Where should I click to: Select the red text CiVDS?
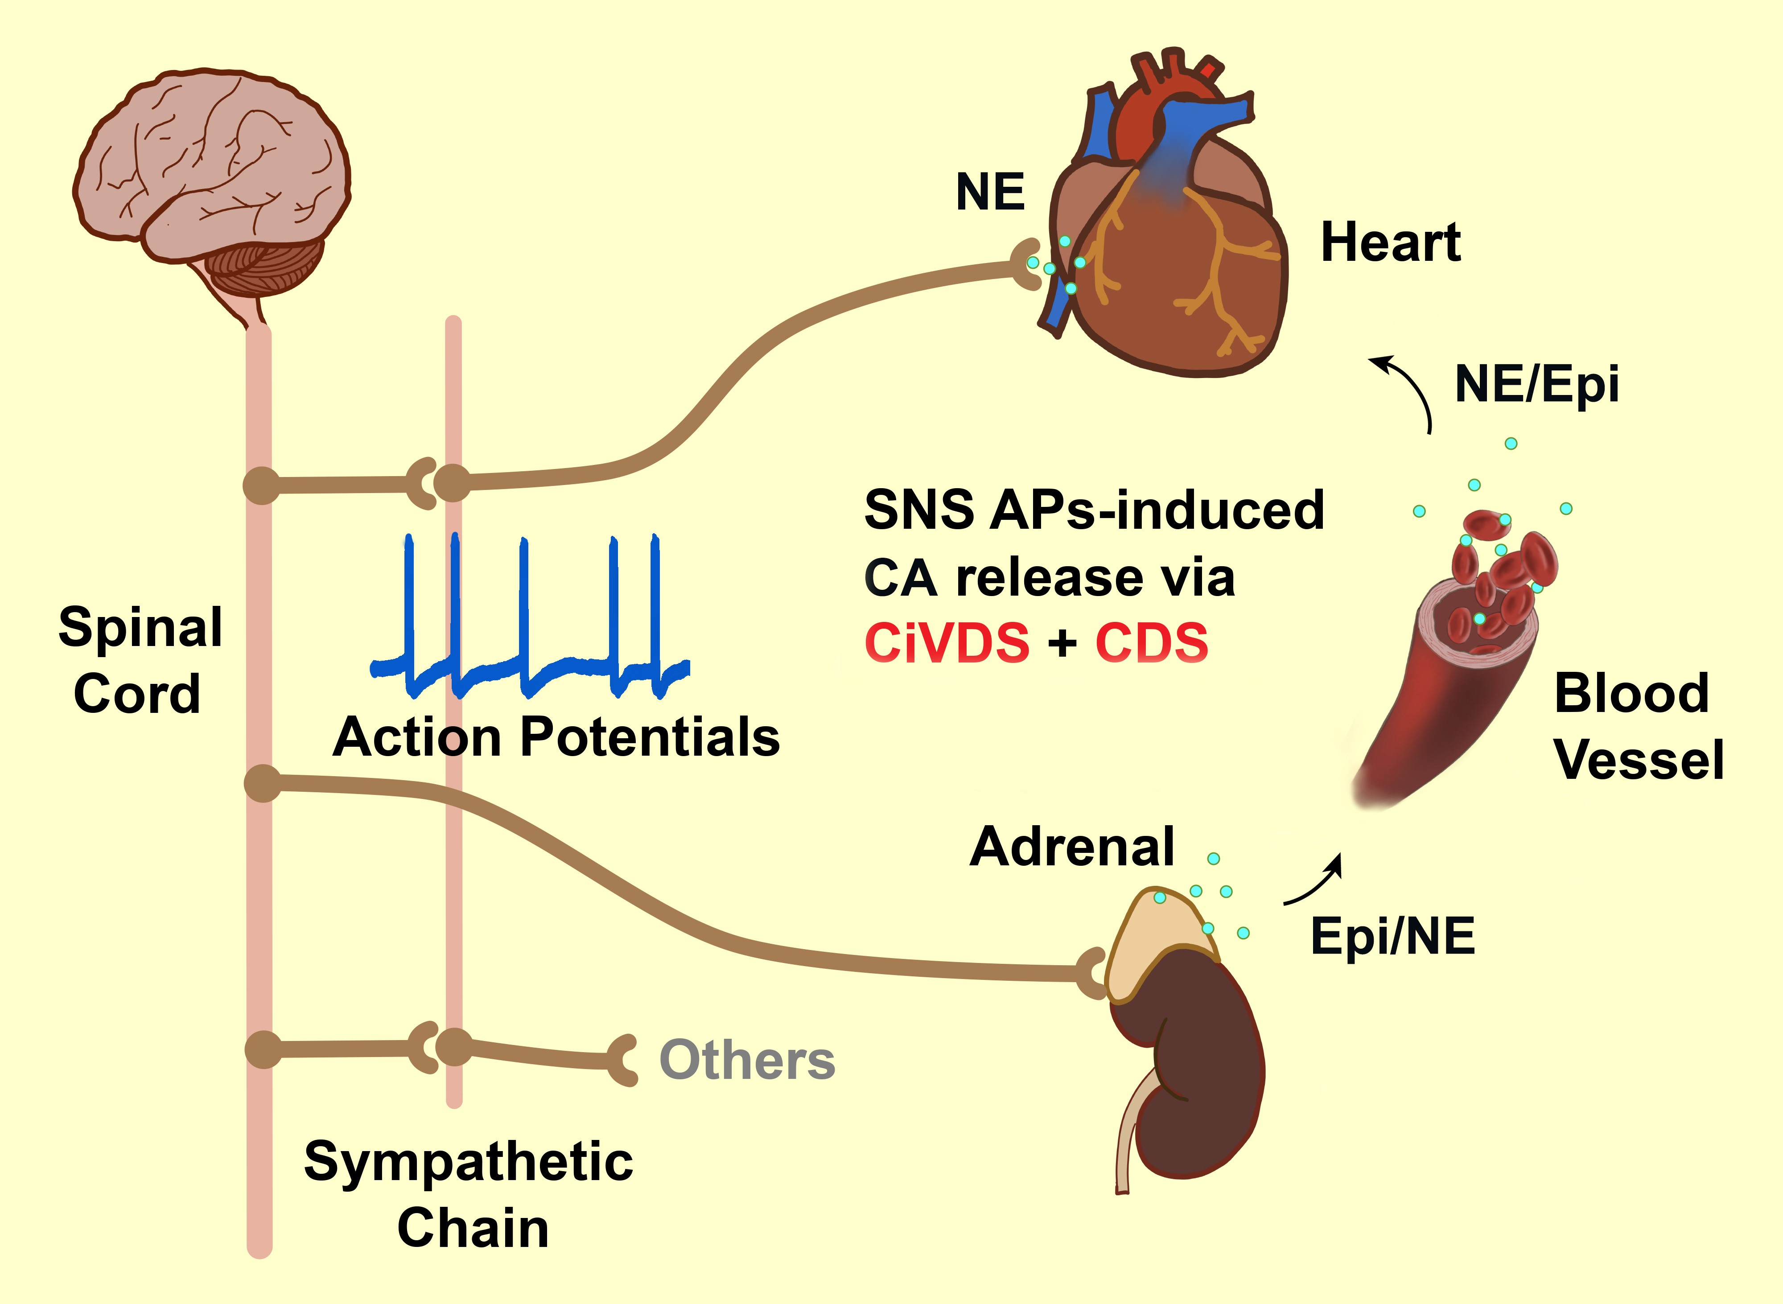click(947, 642)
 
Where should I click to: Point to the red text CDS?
click(1152, 642)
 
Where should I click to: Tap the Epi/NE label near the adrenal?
click(1392, 937)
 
